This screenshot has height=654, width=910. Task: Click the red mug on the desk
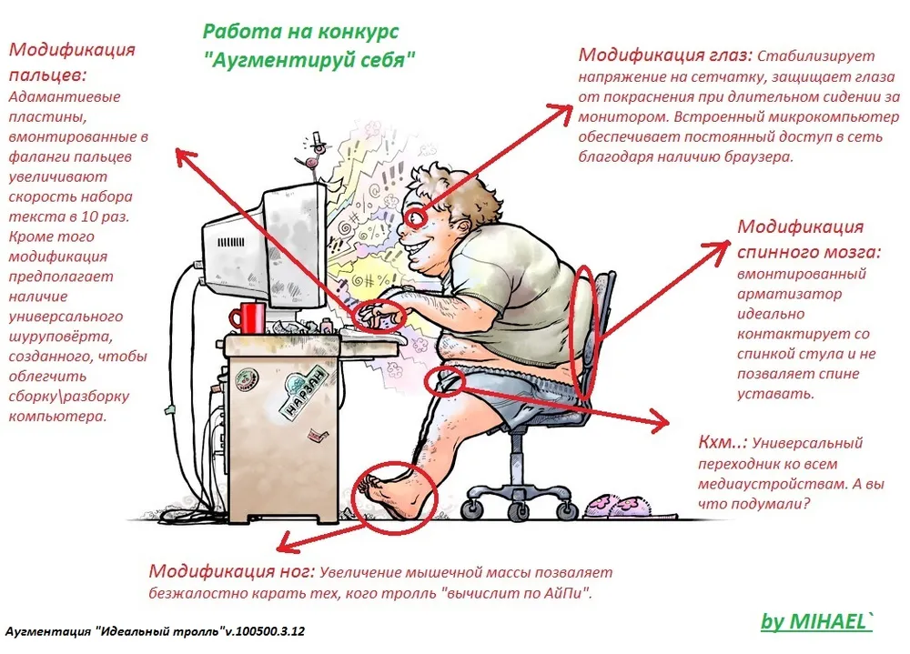click(x=248, y=317)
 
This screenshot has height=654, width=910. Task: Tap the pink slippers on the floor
click(x=616, y=506)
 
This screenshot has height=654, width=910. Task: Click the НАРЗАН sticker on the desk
click(x=303, y=394)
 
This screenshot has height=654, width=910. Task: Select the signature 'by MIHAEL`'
click(x=816, y=621)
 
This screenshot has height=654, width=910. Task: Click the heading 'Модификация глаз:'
click(x=665, y=55)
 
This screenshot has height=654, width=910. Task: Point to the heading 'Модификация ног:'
click(x=231, y=571)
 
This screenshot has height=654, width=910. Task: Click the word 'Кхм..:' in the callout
click(x=722, y=442)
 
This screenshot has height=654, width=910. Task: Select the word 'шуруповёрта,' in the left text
click(x=59, y=337)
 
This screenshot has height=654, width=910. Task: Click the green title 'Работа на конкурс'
click(x=300, y=31)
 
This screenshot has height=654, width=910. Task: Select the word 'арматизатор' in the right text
click(x=789, y=294)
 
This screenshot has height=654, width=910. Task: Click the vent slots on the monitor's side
click(x=230, y=241)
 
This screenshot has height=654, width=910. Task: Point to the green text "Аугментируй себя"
click(x=309, y=59)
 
